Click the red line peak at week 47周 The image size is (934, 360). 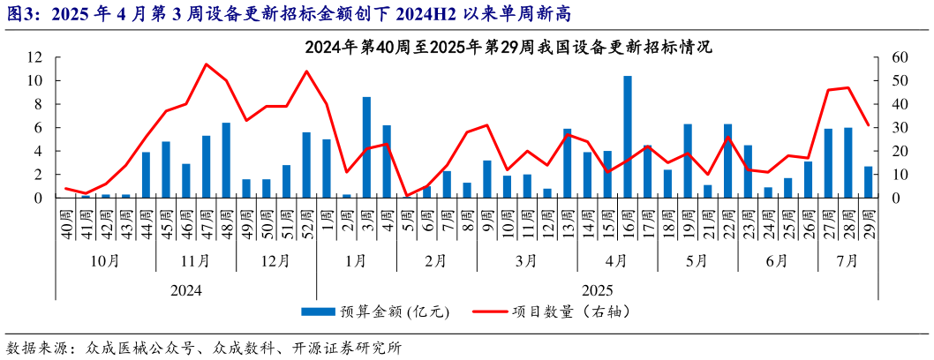(x=206, y=64)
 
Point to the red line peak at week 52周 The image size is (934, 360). (x=306, y=71)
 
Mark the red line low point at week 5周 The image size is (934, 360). (x=407, y=196)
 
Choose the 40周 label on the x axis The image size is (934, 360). (x=66, y=219)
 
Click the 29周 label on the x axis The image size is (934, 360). (x=869, y=219)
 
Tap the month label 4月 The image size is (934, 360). (x=617, y=261)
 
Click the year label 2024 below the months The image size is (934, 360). (x=186, y=289)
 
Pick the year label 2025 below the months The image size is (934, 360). (x=597, y=289)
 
